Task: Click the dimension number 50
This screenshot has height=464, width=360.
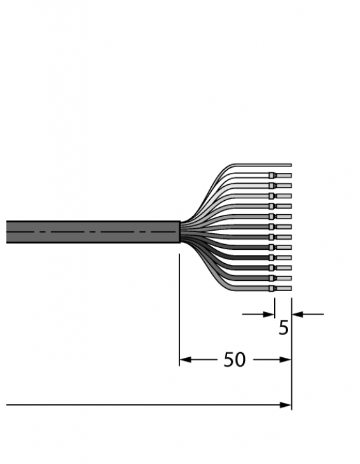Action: (234, 360)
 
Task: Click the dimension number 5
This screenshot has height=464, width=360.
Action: (283, 329)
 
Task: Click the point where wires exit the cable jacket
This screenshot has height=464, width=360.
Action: (181, 231)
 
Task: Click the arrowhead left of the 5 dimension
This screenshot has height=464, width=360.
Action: (270, 313)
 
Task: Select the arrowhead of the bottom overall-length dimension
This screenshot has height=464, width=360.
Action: (286, 405)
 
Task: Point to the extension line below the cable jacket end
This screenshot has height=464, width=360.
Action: (179, 305)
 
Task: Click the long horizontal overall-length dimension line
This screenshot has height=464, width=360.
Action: (140, 405)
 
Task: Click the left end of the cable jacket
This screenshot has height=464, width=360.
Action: (8, 231)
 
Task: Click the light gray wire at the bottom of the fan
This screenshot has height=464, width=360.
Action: (254, 289)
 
